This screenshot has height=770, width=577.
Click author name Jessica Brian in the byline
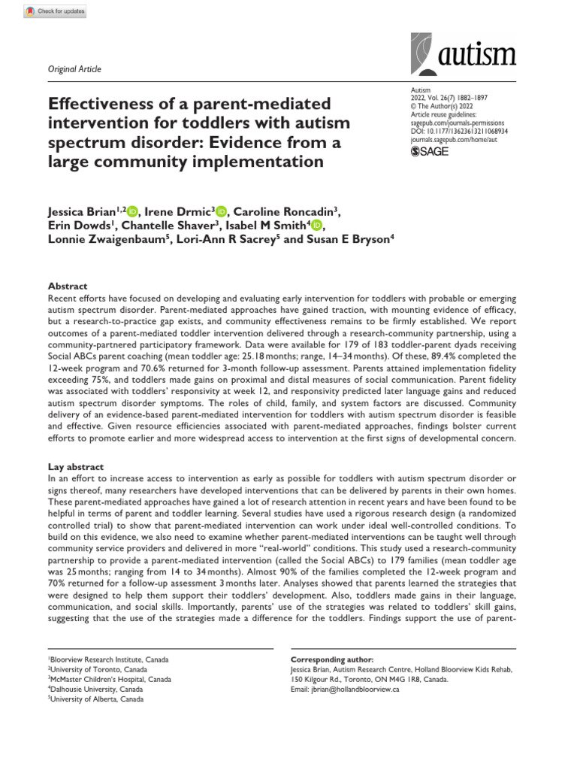81,192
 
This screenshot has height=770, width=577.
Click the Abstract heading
68,286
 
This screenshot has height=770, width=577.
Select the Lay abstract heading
75,467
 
